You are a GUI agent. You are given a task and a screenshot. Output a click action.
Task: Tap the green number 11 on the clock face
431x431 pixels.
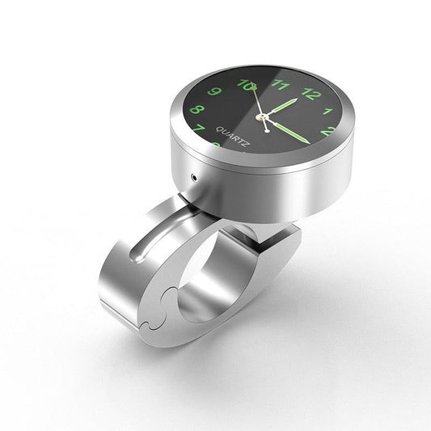(x=281, y=83)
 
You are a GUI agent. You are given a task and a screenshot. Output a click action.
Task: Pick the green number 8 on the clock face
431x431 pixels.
(x=195, y=109)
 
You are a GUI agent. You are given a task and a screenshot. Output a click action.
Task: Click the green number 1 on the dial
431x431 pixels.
(x=328, y=111)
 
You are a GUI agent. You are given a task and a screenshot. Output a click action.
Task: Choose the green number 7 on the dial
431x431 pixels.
(x=199, y=129)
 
